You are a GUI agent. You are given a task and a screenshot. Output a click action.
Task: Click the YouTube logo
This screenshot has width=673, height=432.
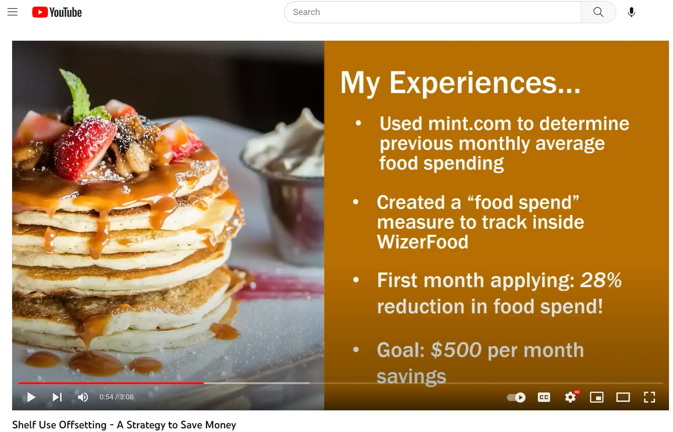[x=57, y=12]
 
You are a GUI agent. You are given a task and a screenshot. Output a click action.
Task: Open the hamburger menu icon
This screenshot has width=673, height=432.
[x=12, y=12]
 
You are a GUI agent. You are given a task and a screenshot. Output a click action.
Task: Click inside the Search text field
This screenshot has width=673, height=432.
[x=433, y=12]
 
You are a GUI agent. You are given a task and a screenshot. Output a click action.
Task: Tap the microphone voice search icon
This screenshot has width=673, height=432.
[x=631, y=12]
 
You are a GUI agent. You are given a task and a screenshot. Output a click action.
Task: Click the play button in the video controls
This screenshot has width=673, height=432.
[x=32, y=397]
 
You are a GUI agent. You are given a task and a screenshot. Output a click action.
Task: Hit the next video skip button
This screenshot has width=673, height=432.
[x=57, y=397]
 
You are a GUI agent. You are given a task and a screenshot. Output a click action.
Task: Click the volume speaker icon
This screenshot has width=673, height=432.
[x=83, y=397]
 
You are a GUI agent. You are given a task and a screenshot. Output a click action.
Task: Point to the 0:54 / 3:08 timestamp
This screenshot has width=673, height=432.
[x=117, y=397]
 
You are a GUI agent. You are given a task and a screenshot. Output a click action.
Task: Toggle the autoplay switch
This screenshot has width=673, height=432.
[x=516, y=398]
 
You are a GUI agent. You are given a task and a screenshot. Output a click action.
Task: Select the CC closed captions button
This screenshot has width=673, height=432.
[x=544, y=397]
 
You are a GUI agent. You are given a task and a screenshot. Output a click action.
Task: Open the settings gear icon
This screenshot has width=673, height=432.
[x=570, y=397]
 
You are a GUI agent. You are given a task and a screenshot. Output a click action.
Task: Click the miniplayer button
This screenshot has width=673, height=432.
[x=597, y=397]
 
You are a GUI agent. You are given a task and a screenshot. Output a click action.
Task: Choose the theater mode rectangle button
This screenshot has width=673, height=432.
[x=623, y=397]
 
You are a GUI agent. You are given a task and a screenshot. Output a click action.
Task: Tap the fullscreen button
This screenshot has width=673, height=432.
[x=650, y=397]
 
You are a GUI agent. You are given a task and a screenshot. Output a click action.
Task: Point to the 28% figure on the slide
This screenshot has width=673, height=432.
[x=601, y=280]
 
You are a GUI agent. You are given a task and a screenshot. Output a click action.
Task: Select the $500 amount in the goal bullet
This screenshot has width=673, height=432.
[x=456, y=350]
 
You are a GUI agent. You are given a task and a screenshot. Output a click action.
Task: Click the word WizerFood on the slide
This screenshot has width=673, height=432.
[x=423, y=242]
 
